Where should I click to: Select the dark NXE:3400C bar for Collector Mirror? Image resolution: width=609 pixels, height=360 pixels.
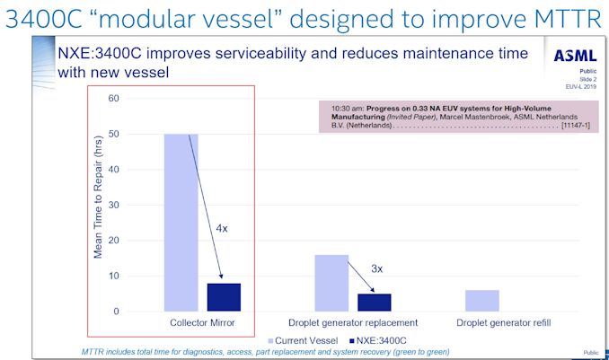tap(224, 297)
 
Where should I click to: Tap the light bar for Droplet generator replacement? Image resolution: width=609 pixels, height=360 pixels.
tap(331, 283)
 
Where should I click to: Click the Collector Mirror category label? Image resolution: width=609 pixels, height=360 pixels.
tap(201, 323)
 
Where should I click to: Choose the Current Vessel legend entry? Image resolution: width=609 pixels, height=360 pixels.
tap(304, 340)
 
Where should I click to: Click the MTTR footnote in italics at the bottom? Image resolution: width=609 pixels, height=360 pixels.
tap(264, 351)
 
